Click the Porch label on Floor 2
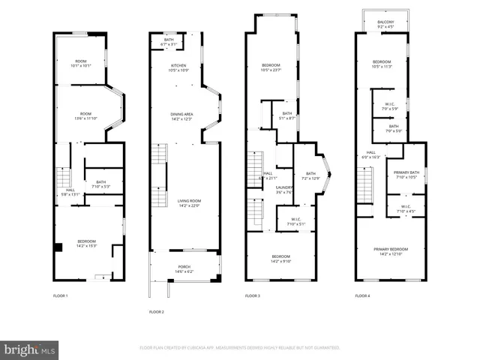click(184, 268)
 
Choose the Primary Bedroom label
click(389, 251)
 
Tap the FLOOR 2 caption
click(156, 311)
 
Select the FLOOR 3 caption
click(253, 296)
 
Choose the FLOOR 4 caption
click(363, 296)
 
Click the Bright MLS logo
click(30, 349)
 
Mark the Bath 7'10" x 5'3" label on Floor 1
click(100, 184)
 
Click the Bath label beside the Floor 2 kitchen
click(169, 42)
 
